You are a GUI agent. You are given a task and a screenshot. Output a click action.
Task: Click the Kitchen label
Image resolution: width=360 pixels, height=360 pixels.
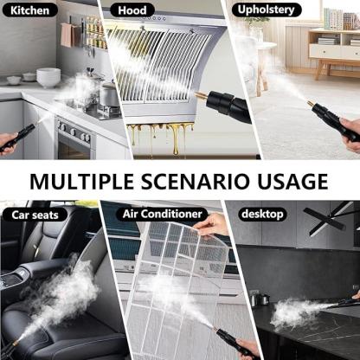[29, 10]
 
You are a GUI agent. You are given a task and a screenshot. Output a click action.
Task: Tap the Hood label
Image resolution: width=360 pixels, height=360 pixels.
[132, 10]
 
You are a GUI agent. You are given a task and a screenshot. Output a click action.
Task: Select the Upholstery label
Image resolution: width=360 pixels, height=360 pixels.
[266, 10]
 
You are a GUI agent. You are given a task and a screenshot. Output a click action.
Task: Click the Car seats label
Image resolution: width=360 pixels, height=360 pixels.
[35, 215]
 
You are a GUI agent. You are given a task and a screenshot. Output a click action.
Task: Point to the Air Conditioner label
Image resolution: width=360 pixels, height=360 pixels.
[162, 214]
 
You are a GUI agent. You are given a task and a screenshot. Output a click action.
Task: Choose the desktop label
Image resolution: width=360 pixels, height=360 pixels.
[262, 214]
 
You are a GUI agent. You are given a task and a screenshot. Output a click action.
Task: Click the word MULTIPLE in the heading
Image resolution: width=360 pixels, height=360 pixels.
[82, 182]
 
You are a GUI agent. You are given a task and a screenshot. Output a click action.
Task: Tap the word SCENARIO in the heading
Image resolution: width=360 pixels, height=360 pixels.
[196, 182]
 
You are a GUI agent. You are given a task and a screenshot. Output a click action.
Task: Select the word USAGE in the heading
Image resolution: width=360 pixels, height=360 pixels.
[292, 182]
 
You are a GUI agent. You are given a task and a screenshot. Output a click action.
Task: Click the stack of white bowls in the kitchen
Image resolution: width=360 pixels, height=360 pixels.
[48, 77]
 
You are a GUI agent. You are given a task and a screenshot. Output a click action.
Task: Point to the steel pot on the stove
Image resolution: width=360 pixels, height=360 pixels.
[109, 95]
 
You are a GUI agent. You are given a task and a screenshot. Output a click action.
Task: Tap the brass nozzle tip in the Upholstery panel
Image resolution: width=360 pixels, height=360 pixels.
[311, 104]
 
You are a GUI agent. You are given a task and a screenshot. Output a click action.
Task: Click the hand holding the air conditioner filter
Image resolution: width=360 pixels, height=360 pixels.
[212, 225]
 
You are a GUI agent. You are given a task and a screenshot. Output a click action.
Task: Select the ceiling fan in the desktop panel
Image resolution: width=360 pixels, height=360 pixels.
[329, 218]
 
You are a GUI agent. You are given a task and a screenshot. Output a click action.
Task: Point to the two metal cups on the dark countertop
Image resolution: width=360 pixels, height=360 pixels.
[259, 299]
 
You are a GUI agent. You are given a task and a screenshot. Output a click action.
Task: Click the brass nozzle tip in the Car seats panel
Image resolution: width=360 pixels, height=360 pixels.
[14, 344]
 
